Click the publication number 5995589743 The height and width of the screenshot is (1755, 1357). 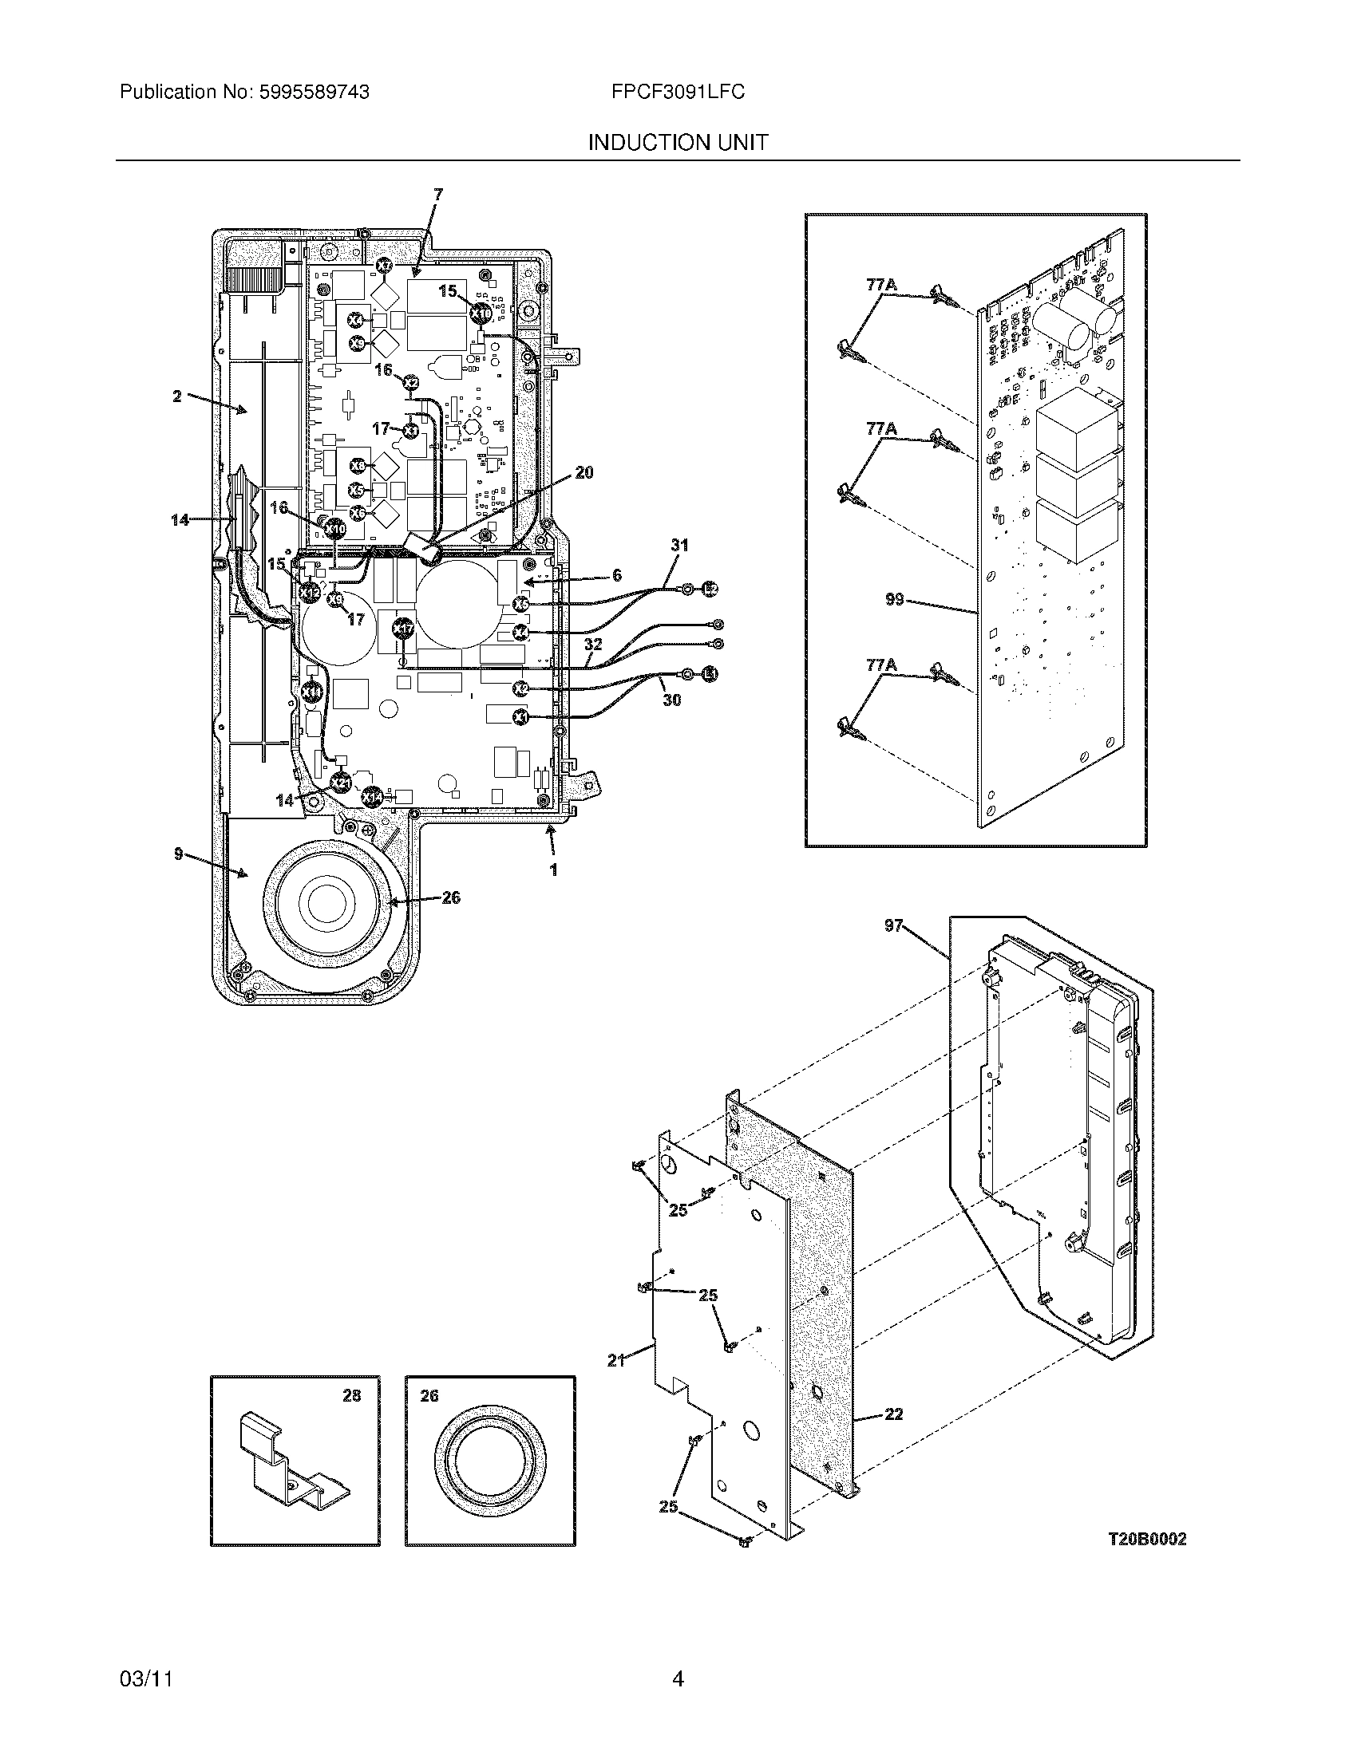[x=313, y=93]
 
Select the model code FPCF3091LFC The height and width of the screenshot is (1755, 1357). [x=678, y=93]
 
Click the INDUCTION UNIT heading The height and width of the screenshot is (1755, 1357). [x=678, y=143]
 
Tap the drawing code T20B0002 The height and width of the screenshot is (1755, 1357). [x=1146, y=1539]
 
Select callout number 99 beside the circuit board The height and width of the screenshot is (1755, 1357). [x=894, y=600]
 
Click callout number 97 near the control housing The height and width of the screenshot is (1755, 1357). [x=894, y=925]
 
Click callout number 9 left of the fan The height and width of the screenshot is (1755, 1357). [x=179, y=854]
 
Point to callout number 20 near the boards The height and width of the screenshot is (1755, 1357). [x=584, y=472]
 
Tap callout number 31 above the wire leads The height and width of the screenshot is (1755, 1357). [x=680, y=546]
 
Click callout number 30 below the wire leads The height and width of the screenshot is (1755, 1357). [x=671, y=700]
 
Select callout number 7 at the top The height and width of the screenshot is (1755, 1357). [x=437, y=194]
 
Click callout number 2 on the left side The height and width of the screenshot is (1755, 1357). [x=177, y=396]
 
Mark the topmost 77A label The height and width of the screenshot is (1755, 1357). [x=881, y=286]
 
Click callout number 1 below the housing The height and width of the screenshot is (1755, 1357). [x=553, y=870]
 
